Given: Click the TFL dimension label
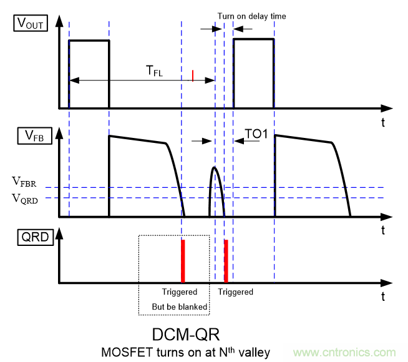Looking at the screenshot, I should [155, 72].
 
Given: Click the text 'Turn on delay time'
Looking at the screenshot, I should [251, 16].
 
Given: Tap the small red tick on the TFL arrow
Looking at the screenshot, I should [193, 76].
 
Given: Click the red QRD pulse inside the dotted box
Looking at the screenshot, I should [183, 260].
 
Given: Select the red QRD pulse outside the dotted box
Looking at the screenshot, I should [226, 260].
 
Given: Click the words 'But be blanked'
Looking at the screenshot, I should [179, 306].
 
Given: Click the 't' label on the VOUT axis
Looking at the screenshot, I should [382, 122].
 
